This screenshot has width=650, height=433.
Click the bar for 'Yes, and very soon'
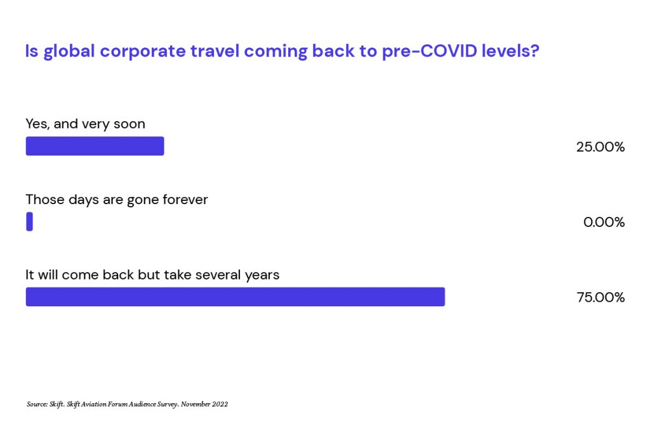pos(95,146)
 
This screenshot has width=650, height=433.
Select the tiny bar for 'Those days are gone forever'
pos(29,221)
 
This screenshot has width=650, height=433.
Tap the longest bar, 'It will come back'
pos(235,297)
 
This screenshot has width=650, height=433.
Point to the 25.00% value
pos(600,147)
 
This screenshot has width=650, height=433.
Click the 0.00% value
pos(604,223)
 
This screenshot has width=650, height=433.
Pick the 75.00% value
pos(600,297)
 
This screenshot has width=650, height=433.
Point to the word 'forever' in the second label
pos(185,200)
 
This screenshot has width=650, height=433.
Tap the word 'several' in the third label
pos(218,275)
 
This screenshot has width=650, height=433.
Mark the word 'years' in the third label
pos(262,276)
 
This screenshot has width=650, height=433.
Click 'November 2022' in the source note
pos(204,404)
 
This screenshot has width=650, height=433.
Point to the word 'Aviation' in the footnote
pos(94,404)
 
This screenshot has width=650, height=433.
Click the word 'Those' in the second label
pos(45,200)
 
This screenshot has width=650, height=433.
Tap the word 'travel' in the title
pos(215,51)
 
